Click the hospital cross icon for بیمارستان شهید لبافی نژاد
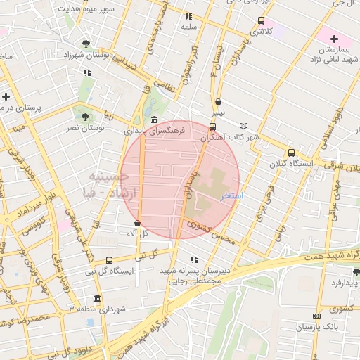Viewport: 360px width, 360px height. [334, 39]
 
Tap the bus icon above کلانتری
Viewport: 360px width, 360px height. [262, 20]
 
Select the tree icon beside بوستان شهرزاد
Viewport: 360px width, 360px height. [86, 44]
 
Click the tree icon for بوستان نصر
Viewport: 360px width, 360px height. [85, 117]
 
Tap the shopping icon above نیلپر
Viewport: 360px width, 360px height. [218, 101]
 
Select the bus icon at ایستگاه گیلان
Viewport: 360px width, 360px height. [291, 153]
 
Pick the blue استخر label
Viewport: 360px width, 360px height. [232, 196]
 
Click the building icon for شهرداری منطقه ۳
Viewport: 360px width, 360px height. [97, 297]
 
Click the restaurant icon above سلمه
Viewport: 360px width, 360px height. [188, 15]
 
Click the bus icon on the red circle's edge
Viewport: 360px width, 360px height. [213, 127]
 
